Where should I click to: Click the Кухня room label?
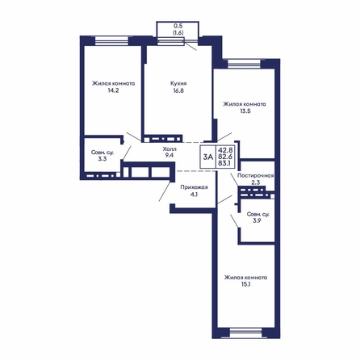click(178, 83)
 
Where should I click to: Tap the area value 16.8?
click(178, 90)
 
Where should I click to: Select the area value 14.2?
click(113, 90)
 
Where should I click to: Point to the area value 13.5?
click(245, 111)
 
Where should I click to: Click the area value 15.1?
click(246, 284)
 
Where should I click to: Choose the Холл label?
click(170, 149)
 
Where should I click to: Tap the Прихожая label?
click(194, 187)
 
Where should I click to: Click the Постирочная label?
click(255, 176)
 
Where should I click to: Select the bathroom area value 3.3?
click(103, 159)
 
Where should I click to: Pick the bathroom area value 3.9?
click(257, 221)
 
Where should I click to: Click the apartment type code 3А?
click(208, 157)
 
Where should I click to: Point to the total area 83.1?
click(226, 163)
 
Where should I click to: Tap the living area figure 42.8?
click(226, 150)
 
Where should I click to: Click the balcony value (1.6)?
click(178, 33)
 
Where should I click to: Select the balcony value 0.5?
click(178, 26)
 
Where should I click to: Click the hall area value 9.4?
click(170, 155)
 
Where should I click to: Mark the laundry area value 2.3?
click(255, 182)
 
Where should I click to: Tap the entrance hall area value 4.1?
click(194, 195)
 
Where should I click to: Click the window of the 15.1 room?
click(245, 333)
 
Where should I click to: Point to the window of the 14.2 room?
click(111, 41)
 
